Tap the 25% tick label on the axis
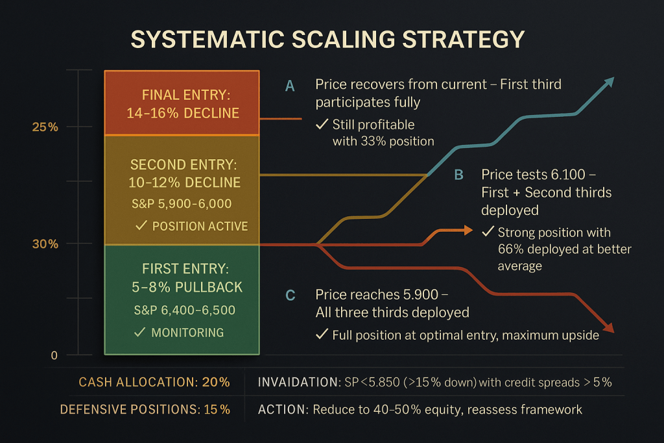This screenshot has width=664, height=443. (x=45, y=127)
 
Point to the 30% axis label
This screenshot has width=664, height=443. (x=45, y=244)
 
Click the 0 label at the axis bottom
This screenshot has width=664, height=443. (x=54, y=355)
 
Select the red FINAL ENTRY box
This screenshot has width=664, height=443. (x=182, y=103)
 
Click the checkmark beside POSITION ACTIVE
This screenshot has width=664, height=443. (x=141, y=226)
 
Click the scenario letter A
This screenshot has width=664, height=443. (x=290, y=85)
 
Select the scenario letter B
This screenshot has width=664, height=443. (x=458, y=175)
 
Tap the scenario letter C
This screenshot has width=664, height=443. (x=290, y=296)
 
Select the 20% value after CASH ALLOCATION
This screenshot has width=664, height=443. (x=215, y=383)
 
